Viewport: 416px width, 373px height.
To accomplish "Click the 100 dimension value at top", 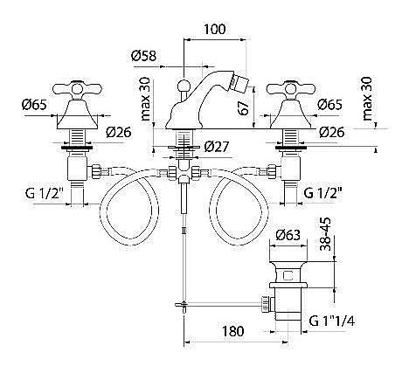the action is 214,30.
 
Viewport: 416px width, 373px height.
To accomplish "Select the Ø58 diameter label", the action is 143,56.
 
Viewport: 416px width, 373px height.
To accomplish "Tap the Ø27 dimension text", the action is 217,147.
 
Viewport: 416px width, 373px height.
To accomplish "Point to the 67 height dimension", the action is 245,107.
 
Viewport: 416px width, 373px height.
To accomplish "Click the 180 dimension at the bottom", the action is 232,331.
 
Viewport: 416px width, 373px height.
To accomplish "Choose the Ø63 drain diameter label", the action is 288,235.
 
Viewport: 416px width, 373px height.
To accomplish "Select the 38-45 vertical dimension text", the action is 325,234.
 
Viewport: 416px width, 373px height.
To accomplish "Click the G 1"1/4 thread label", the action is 332,321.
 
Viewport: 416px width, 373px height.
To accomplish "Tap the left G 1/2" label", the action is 45,193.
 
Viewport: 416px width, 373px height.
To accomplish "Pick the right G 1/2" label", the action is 322,193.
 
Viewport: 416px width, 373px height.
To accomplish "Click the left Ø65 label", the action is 34,104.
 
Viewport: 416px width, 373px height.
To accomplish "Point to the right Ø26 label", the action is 332,132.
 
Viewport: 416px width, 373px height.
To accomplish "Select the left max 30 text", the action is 145,99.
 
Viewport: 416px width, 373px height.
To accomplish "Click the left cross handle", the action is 78,88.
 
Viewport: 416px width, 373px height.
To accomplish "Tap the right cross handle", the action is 291,88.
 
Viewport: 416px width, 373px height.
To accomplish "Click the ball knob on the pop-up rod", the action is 184,86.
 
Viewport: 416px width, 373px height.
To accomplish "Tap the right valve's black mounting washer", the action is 291,148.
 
